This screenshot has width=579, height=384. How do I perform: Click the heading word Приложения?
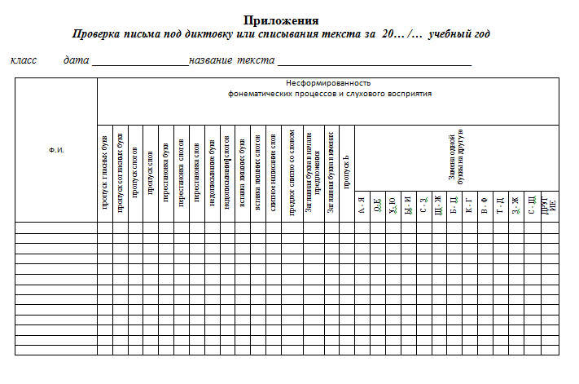point(280,20)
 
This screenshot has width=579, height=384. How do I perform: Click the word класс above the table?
point(24,60)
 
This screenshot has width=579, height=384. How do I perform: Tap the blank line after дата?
point(140,62)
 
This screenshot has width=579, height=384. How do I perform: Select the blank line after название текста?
point(375,62)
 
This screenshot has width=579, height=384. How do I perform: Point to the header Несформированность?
point(328,83)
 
